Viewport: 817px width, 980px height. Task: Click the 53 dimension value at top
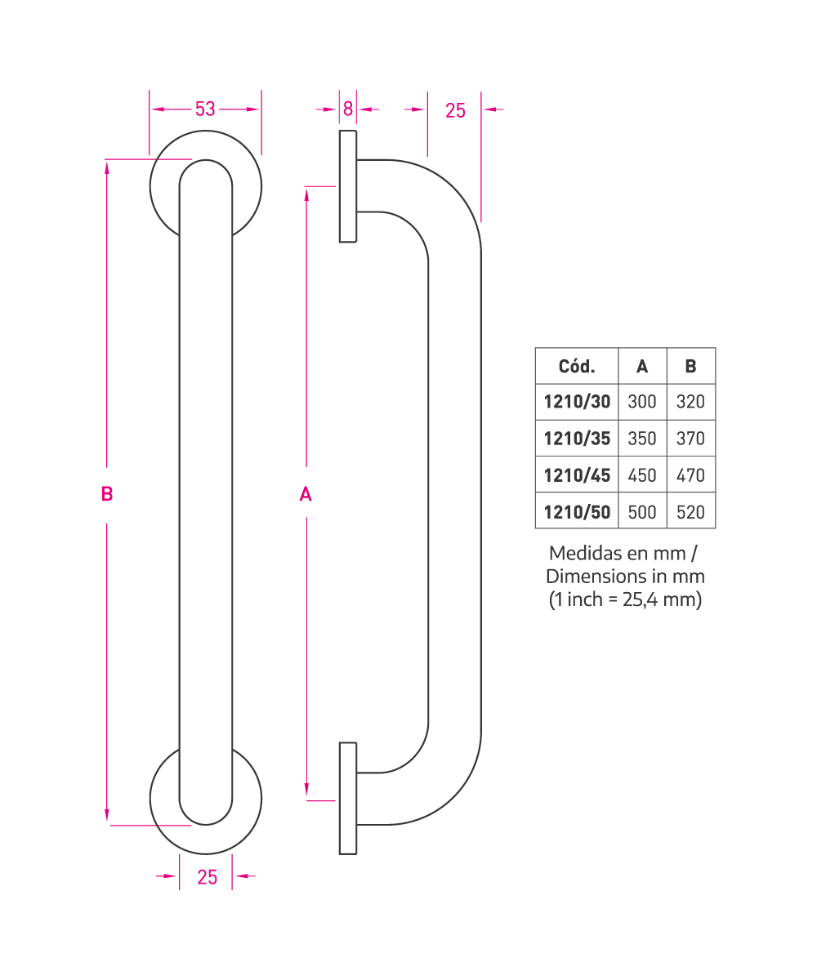[x=205, y=109]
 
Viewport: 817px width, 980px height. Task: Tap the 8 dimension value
[x=347, y=109]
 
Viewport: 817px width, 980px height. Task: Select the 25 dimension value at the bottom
[x=207, y=877]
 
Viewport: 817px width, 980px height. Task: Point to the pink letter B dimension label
[x=107, y=494]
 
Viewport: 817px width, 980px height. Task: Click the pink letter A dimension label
[x=306, y=494]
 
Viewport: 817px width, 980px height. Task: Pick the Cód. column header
[x=577, y=366]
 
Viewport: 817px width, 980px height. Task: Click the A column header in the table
[x=642, y=366]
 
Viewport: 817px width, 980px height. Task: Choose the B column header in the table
[x=690, y=366]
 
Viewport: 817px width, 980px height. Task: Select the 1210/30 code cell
[x=577, y=402]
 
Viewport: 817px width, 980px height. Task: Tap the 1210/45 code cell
[x=577, y=475]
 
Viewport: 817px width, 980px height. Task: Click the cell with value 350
[x=642, y=439]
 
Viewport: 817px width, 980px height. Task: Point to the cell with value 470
[x=690, y=475]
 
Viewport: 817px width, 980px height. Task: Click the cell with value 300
[x=642, y=402]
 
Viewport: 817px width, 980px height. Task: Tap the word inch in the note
[x=585, y=599]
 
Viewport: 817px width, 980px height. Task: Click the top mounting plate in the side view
[x=347, y=186]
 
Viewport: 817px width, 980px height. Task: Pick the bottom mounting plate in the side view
[x=347, y=799]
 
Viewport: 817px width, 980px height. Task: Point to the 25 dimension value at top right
[x=455, y=111]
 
